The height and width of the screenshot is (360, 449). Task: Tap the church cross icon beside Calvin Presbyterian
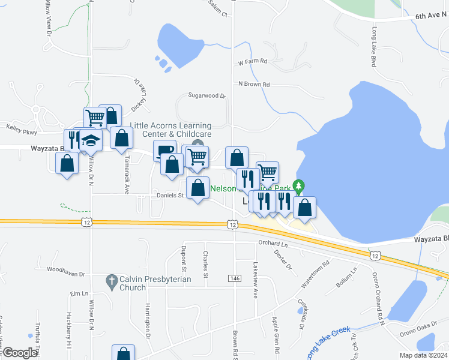110,280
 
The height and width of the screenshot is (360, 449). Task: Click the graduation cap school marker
91,141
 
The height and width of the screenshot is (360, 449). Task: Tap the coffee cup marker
164,150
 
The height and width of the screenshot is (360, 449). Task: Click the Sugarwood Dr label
206,95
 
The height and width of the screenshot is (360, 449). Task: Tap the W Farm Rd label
252,61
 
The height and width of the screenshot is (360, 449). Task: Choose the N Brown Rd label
254,84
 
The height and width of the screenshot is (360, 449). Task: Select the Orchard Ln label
273,243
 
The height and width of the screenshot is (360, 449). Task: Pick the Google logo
20,353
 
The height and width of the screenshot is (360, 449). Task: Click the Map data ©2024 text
423,355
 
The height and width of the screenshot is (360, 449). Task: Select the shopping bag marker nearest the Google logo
124,354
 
